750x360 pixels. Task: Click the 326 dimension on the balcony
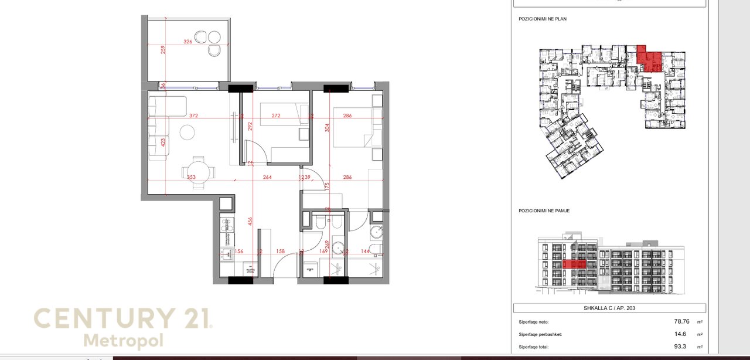187,42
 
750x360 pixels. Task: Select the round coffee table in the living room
187,133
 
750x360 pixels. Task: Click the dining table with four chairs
199,171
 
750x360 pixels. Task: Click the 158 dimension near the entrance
280,252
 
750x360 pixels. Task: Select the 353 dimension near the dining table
190,177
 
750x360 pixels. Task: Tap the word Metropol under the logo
123,341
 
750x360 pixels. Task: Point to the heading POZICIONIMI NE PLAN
543,19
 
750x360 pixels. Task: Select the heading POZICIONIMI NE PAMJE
544,210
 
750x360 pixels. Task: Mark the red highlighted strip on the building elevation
574,264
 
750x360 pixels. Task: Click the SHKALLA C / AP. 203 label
609,308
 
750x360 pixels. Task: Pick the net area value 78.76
681,321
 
